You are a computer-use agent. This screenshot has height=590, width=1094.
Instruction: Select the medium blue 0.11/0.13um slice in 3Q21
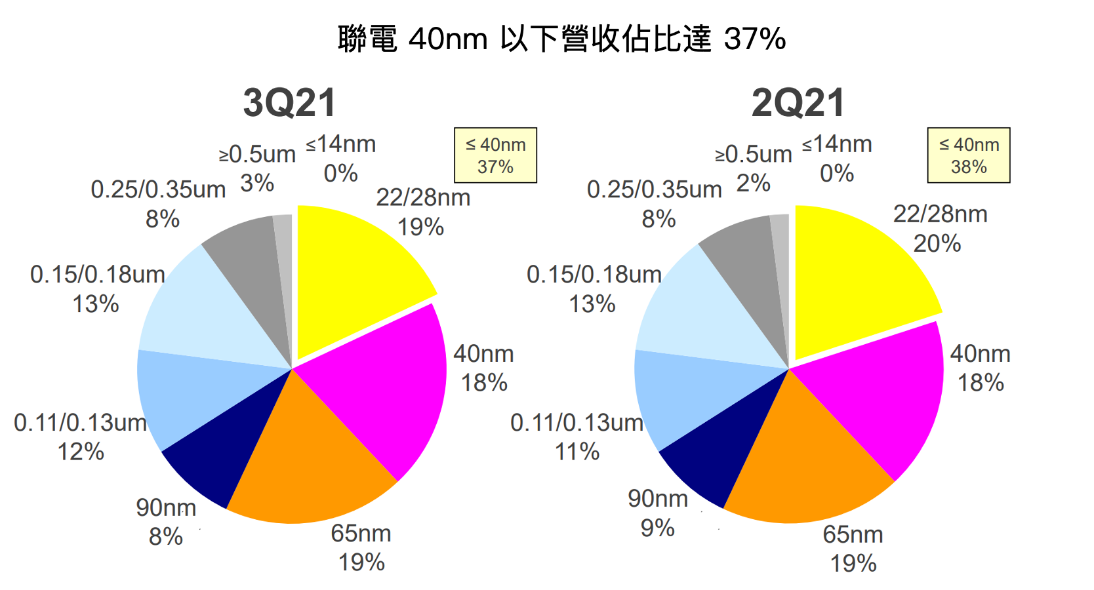190,393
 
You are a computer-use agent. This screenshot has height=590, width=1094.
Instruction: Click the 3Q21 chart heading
289,103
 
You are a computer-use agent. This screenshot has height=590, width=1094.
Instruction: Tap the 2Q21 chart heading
798,103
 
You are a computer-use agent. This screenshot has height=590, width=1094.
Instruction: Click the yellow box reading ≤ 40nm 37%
495,155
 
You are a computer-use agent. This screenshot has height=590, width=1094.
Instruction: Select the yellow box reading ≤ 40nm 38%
968,155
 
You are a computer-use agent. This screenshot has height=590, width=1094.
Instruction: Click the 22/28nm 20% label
939,229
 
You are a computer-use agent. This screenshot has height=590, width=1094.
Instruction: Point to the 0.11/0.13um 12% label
81,437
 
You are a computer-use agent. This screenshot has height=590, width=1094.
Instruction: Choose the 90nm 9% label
658,513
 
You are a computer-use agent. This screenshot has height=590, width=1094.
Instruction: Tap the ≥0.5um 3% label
257,168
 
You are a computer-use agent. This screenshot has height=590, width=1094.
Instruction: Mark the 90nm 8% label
166,522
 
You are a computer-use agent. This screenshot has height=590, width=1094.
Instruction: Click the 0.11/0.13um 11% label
577,437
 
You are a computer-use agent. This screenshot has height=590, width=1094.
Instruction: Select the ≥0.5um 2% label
754,168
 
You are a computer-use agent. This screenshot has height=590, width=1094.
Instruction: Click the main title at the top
561,39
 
